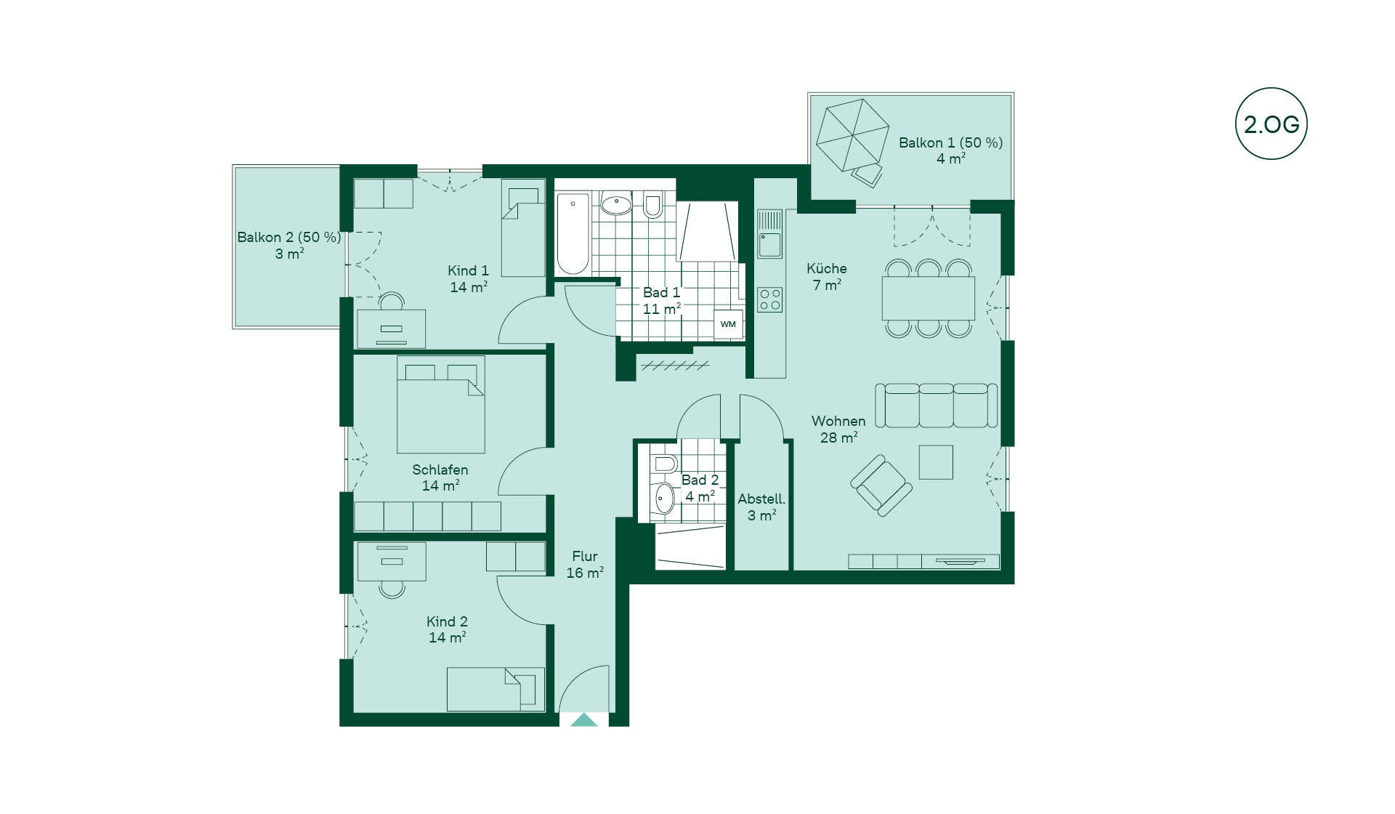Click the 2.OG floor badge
tap(1271, 124)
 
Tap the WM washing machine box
tap(728, 324)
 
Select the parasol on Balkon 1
tap(852, 135)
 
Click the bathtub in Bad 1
tap(573, 233)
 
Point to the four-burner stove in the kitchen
tap(769, 299)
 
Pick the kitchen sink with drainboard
tap(769, 234)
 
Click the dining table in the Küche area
tap(928, 298)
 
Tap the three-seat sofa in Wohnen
tap(936, 406)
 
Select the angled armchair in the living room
tap(881, 485)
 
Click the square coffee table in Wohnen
tap(936, 462)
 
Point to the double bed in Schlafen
tap(440, 405)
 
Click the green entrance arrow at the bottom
tap(584, 720)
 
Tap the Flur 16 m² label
tap(585, 565)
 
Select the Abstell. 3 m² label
tap(761, 507)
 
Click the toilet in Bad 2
tap(664, 464)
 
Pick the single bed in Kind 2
tap(496, 689)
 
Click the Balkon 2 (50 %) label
tap(288, 237)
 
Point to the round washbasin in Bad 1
tap(617, 205)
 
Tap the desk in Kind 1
tap(391, 329)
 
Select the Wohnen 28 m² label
tap(838, 430)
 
